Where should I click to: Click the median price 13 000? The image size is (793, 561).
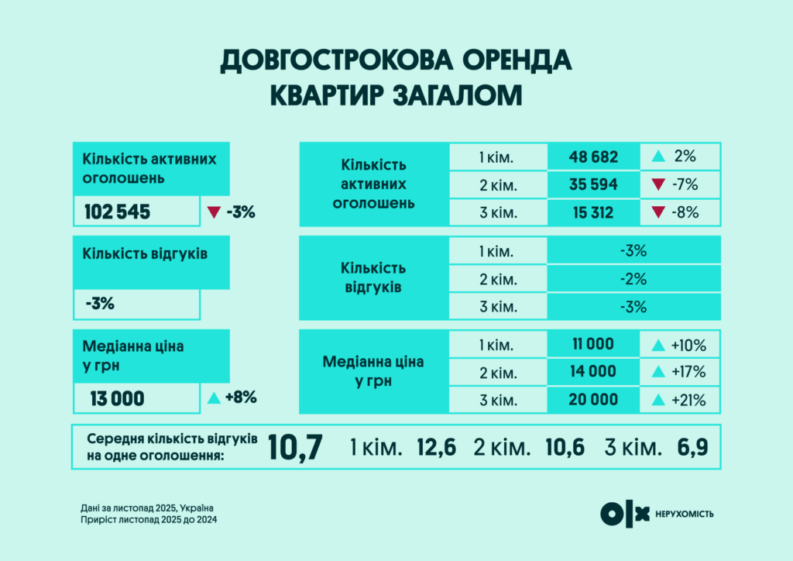click(117, 398)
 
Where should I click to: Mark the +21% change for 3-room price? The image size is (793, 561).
click(690, 400)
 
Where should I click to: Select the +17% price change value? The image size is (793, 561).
click(690, 372)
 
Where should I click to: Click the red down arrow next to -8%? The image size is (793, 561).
click(658, 213)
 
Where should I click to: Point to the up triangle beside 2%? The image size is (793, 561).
click(658, 157)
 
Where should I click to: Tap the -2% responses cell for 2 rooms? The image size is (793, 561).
click(633, 279)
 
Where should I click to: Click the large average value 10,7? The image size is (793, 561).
click(295, 447)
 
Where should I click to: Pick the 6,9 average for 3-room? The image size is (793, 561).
click(691, 447)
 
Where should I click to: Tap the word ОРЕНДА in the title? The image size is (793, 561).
click(505, 62)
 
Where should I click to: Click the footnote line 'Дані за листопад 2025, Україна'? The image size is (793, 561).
click(146, 508)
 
